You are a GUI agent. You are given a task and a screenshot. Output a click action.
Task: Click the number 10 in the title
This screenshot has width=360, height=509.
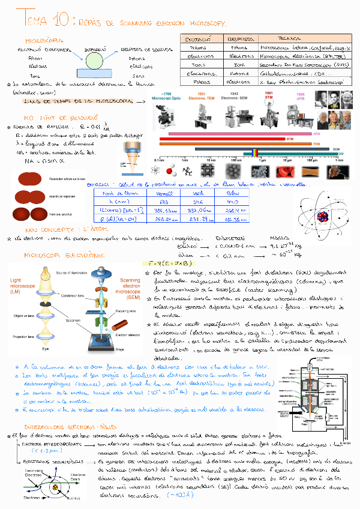(62, 22)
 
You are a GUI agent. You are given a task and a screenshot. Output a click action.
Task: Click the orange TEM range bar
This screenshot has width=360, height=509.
(240, 144)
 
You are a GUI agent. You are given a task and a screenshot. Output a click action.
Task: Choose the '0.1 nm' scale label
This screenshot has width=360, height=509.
(159, 160)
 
